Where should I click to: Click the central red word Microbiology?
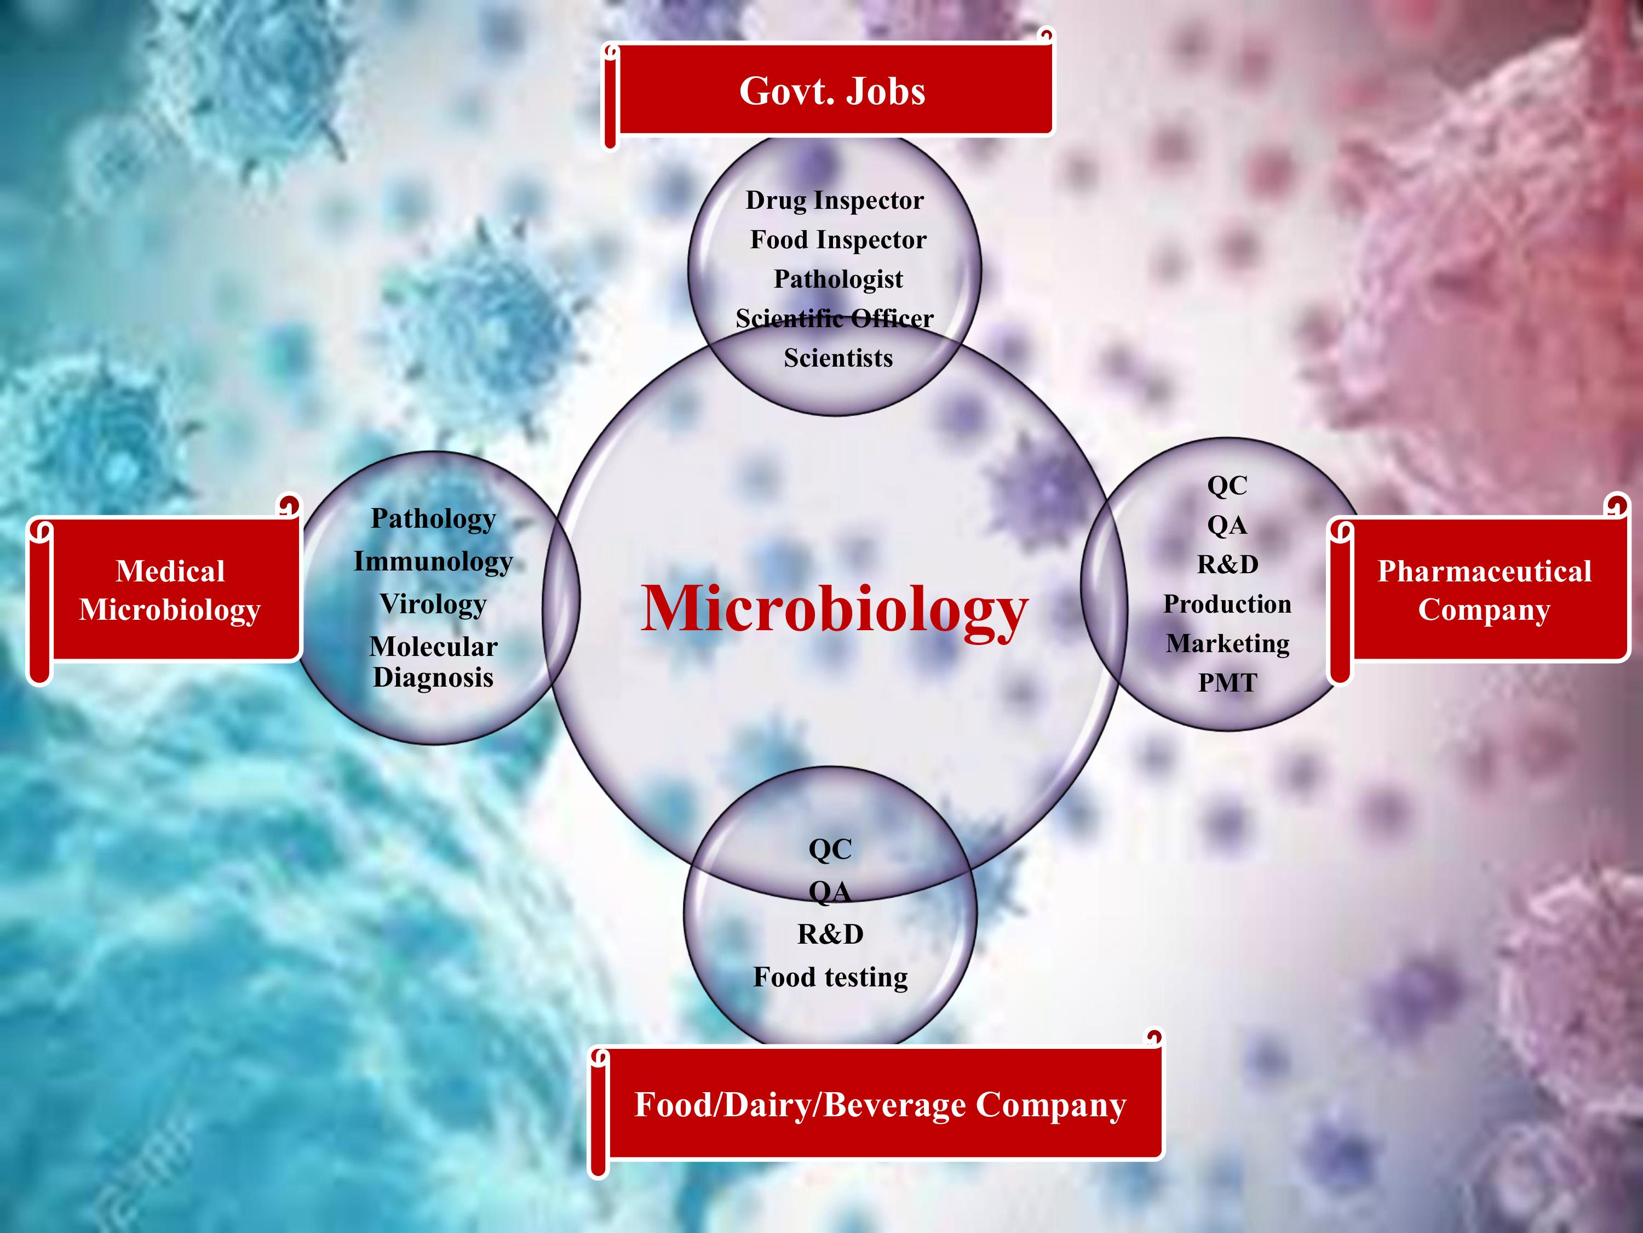click(x=834, y=610)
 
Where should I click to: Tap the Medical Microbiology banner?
click(x=165, y=590)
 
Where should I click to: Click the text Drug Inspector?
click(x=835, y=201)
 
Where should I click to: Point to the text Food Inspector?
click(x=838, y=240)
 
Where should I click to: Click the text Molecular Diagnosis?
click(x=433, y=662)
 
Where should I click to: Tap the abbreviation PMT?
click(x=1227, y=683)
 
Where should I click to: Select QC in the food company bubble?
click(x=830, y=849)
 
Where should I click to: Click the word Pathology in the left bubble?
click(x=433, y=520)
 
